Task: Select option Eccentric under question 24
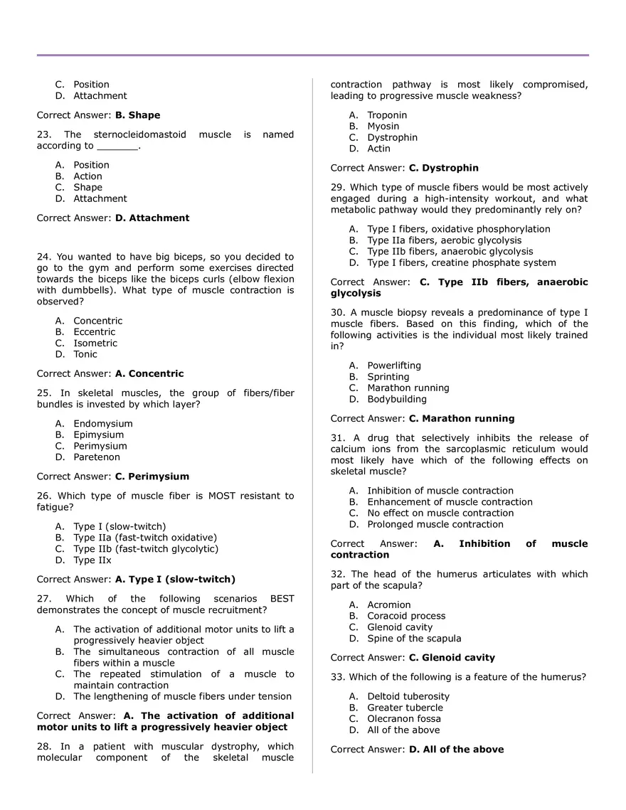pyautogui.click(x=94, y=332)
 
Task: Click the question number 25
pyautogui.click(x=43, y=393)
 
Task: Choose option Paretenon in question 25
pyautogui.click(x=97, y=457)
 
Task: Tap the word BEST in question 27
pyautogui.click(x=282, y=599)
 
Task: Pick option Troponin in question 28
pyautogui.click(x=387, y=115)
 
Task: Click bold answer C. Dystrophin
pyautogui.click(x=443, y=169)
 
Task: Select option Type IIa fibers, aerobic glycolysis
pyautogui.click(x=444, y=240)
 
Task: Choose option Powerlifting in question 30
pyautogui.click(x=394, y=366)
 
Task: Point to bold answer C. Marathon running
pyautogui.click(x=462, y=419)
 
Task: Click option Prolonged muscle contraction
pyautogui.click(x=435, y=525)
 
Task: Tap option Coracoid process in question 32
pyautogui.click(x=406, y=617)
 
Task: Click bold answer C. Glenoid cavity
pyautogui.click(x=452, y=658)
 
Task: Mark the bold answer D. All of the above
pyautogui.click(x=456, y=750)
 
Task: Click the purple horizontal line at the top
pyautogui.click(x=313, y=55)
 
